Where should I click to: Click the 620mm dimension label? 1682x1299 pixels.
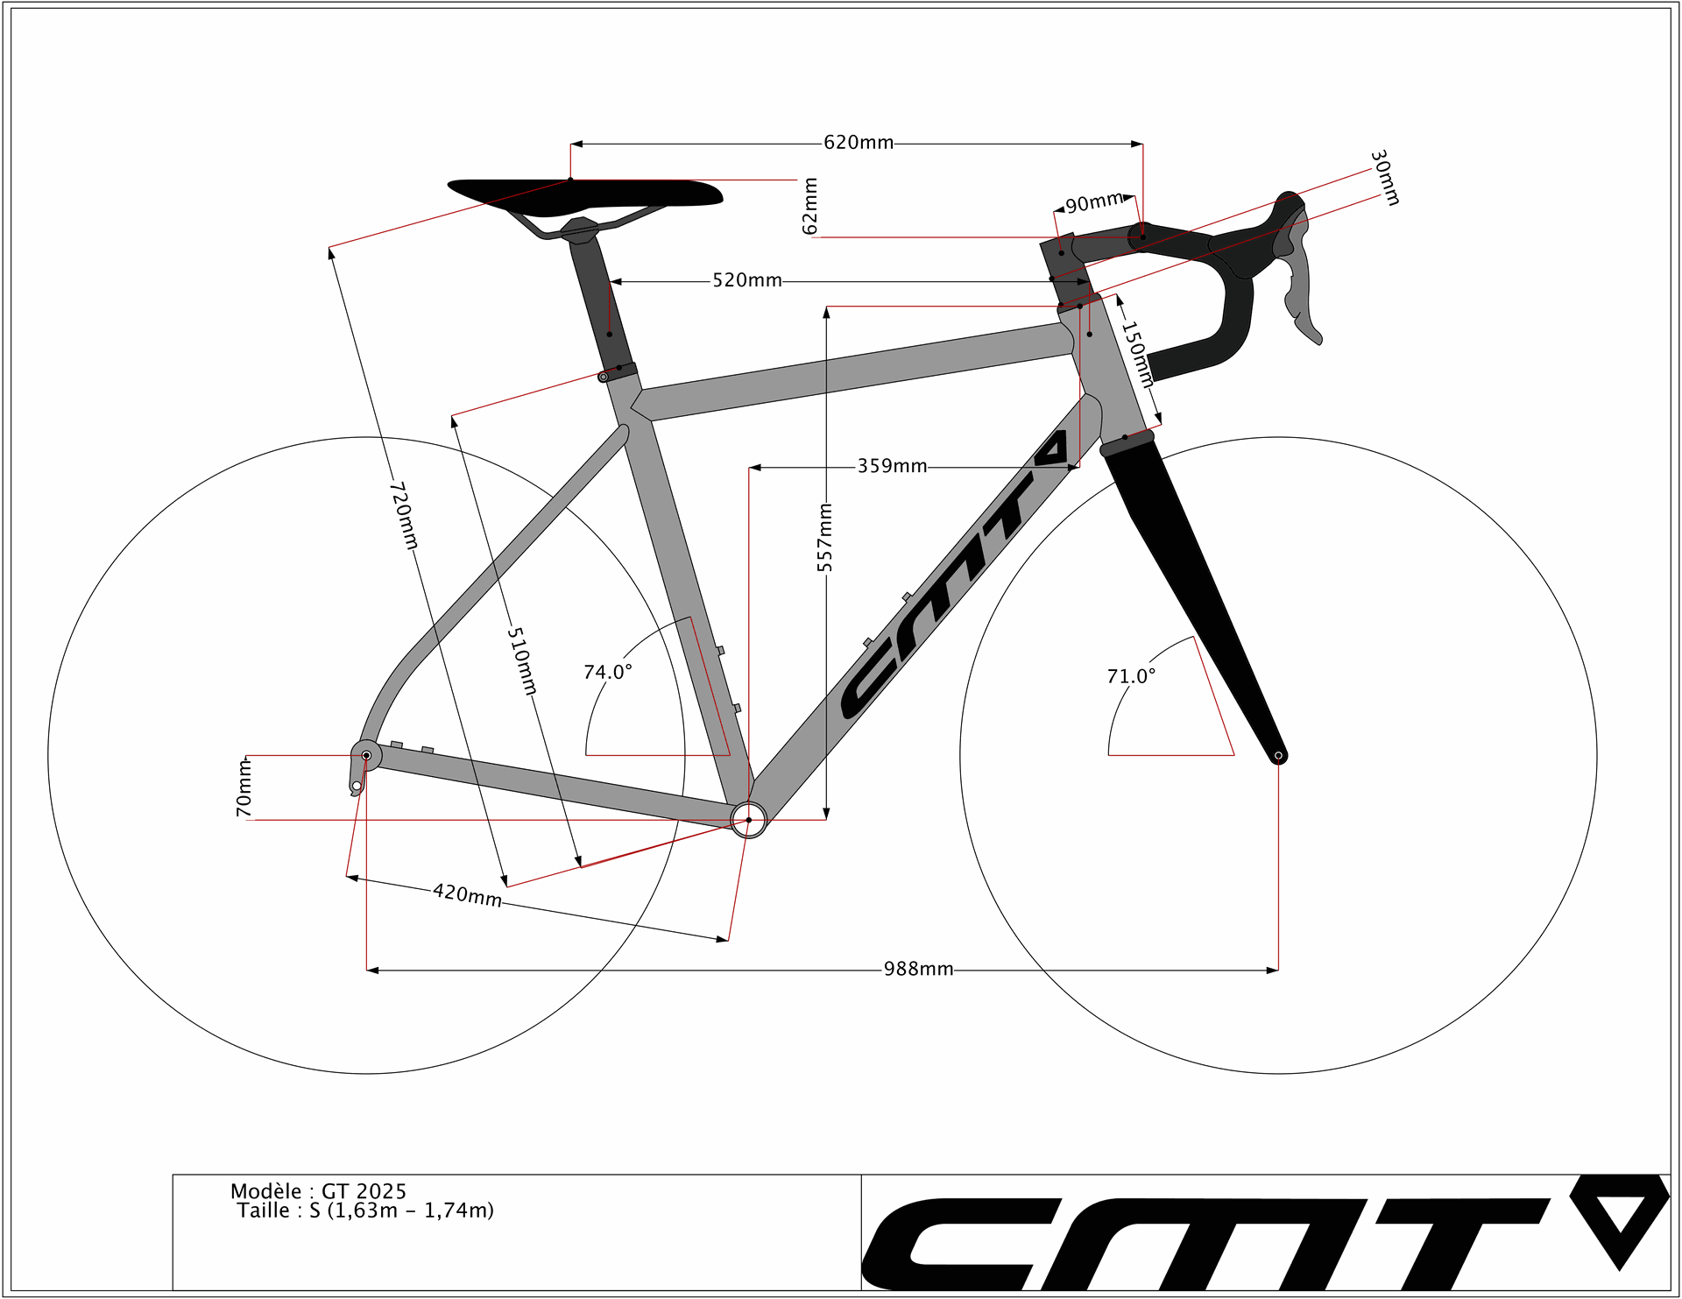[859, 143]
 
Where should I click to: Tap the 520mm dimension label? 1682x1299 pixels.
[747, 280]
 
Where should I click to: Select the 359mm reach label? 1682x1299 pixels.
[892, 466]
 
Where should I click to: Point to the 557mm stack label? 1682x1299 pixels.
[825, 538]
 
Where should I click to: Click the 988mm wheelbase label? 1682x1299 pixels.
[918, 969]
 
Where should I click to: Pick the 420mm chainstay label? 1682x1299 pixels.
[468, 895]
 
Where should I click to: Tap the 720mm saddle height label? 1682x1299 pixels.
[404, 515]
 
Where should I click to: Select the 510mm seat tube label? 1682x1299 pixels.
[522, 661]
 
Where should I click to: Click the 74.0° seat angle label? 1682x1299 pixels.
[608, 672]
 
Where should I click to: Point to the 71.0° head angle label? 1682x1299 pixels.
[1131, 676]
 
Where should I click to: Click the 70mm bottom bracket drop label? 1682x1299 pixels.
[244, 787]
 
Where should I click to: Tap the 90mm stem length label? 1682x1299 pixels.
[1094, 202]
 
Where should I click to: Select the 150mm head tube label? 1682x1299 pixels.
[1137, 355]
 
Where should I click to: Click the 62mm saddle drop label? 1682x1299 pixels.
[810, 207]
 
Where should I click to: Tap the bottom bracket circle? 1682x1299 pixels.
[748, 820]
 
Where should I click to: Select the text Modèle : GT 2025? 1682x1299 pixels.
[319, 1191]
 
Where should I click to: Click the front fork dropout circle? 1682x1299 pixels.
[1278, 755]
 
